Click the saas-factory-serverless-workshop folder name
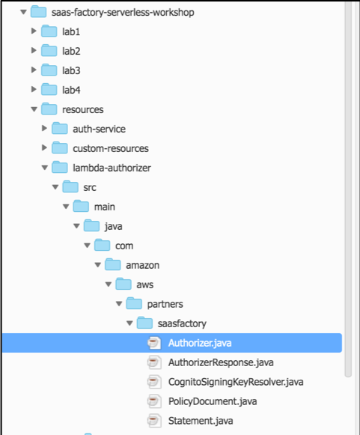(123, 13)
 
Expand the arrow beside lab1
(34, 31)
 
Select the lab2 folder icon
(49, 51)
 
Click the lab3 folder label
(71, 70)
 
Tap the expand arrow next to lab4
(34, 89)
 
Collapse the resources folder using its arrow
(34, 109)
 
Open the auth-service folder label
(99, 129)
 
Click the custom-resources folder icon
(60, 147)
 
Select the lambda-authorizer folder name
(112, 168)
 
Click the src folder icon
(70, 186)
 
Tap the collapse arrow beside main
(66, 207)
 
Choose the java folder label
(114, 226)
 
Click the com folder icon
(102, 245)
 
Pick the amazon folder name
(142, 265)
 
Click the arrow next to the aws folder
(109, 284)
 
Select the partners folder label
(165, 304)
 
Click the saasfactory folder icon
(144, 323)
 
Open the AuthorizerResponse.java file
(221, 362)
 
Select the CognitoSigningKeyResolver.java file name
(236, 382)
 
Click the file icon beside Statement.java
(154, 421)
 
